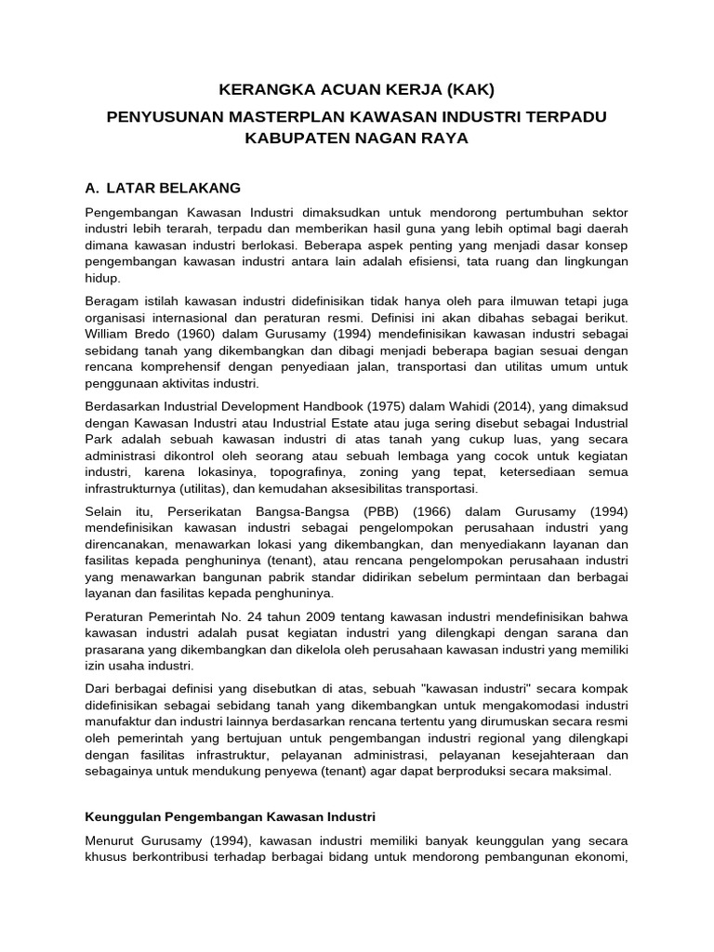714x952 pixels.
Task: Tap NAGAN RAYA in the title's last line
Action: point(419,137)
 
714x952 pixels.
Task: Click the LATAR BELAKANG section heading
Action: point(174,187)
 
